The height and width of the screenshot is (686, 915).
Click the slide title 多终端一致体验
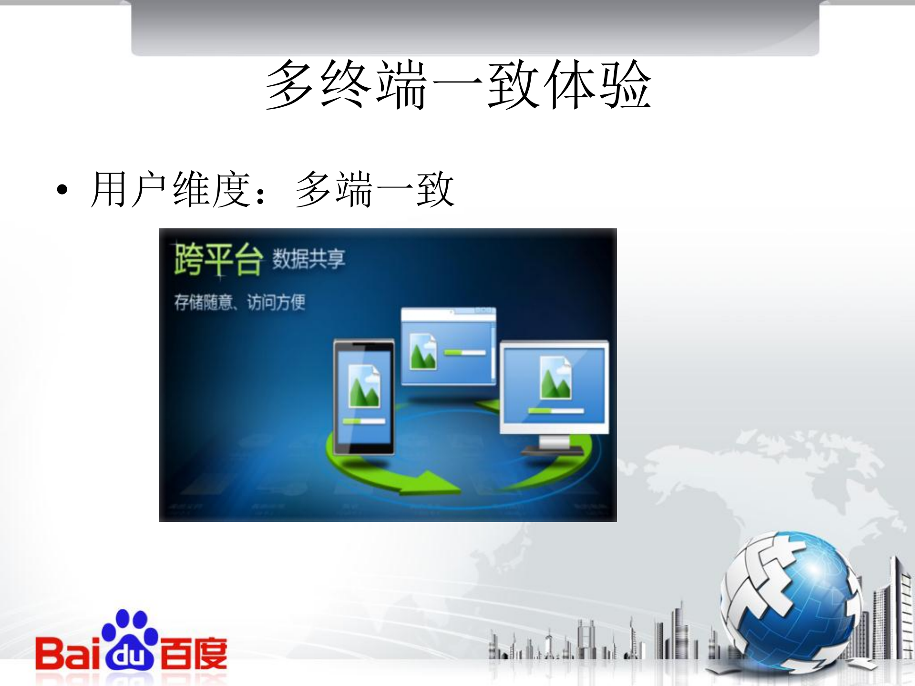pyautogui.click(x=458, y=85)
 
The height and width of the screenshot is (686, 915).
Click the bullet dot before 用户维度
pyautogui.click(x=62, y=190)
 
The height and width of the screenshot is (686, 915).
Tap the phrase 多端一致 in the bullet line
pyautogui.click(x=375, y=190)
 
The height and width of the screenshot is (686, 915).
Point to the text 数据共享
pyautogui.click(x=308, y=259)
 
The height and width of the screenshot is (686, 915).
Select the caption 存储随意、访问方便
pyautogui.click(x=239, y=302)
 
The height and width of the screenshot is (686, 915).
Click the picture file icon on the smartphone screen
pyautogui.click(x=364, y=386)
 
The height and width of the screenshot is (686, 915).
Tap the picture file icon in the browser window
pyautogui.click(x=423, y=352)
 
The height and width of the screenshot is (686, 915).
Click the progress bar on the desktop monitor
pyautogui.click(x=555, y=410)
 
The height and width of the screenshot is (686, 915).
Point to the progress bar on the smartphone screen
pyautogui.click(x=364, y=421)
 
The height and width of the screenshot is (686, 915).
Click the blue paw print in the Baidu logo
pyautogui.click(x=129, y=639)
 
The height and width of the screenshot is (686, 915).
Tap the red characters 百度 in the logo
pyautogui.click(x=193, y=653)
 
